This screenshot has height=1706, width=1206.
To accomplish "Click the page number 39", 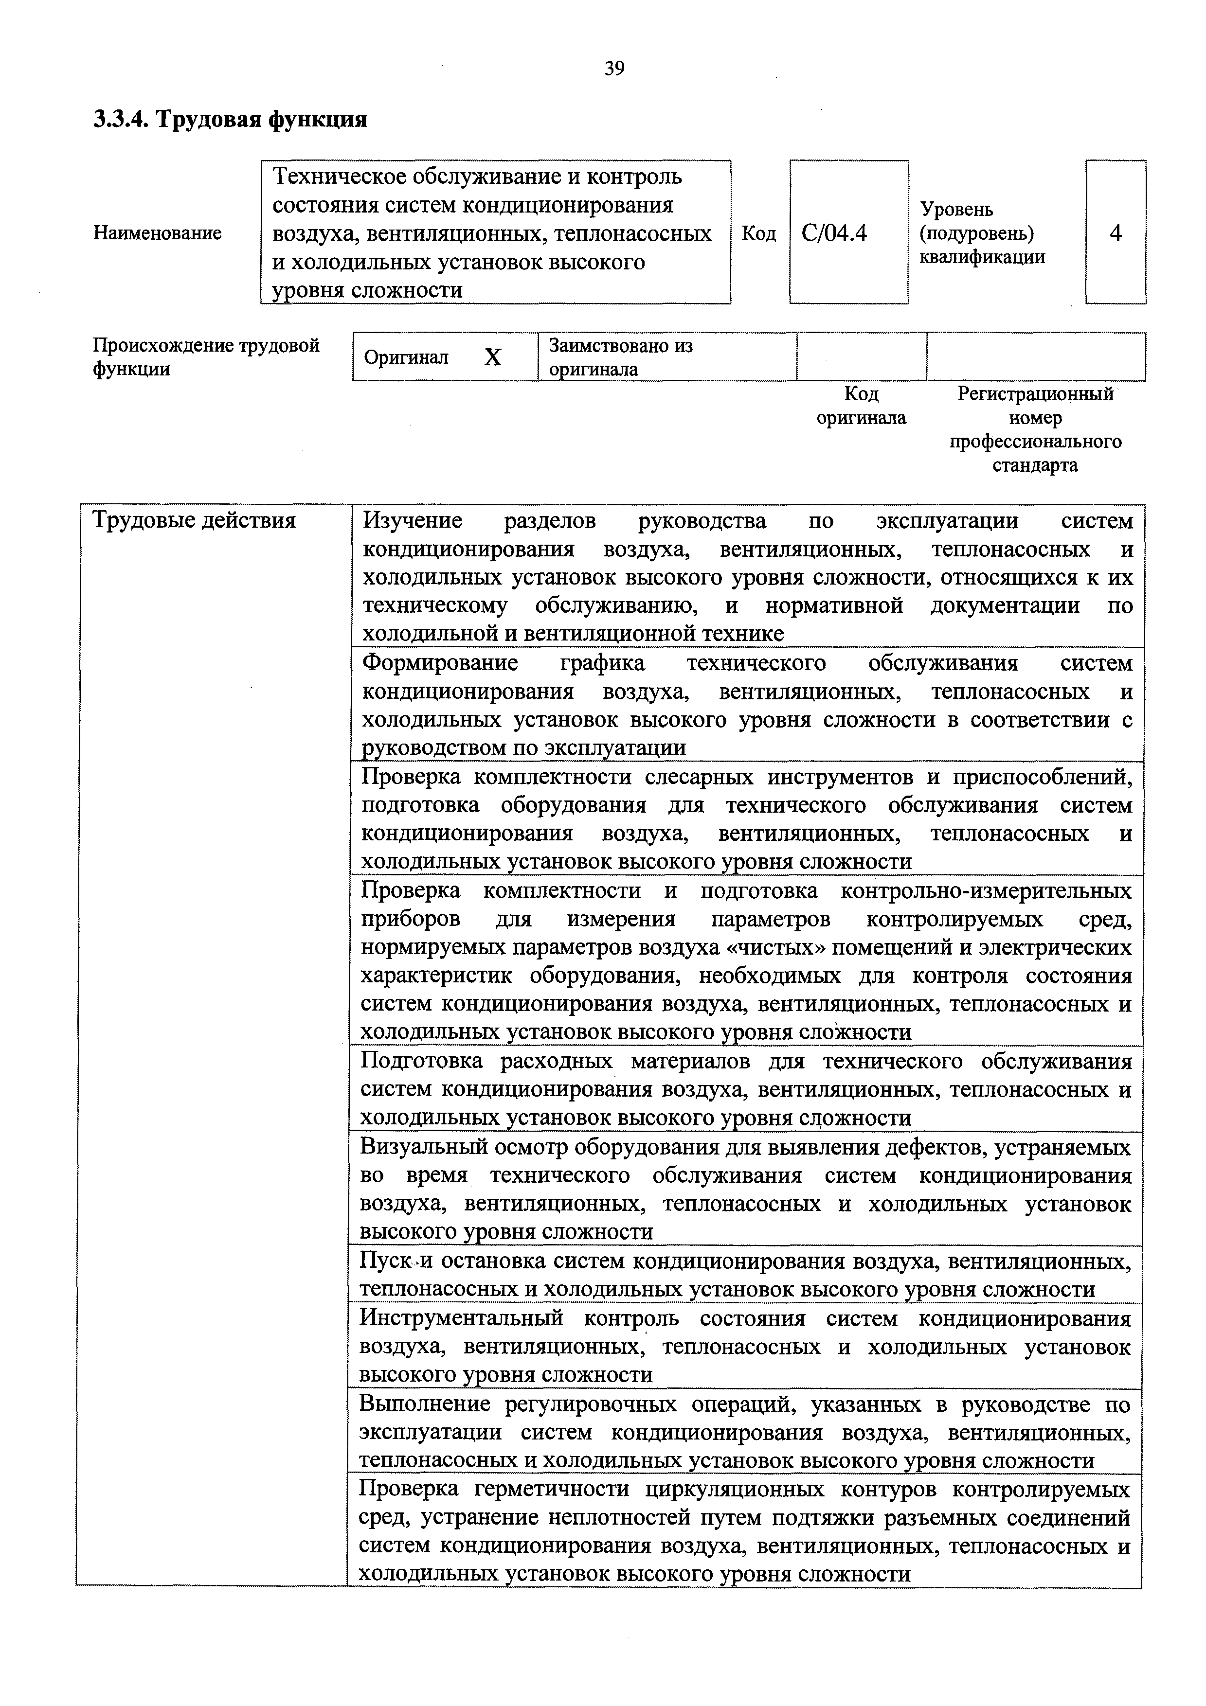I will pos(614,69).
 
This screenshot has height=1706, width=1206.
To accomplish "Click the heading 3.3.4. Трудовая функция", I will pos(230,119).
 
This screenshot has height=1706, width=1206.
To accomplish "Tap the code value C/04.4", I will pos(834,233).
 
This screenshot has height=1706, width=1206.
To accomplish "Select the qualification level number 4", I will pos(1116,233).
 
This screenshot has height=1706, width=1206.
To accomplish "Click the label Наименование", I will pos(158,233).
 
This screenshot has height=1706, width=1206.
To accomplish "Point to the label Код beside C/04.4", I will pos(758,233).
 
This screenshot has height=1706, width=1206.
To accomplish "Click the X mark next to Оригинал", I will pos(493,358).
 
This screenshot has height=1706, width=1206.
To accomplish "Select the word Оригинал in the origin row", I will pos(406,357).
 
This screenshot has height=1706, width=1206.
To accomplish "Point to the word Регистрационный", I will pos(1035,394).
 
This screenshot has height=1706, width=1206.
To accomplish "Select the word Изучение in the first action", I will pos(413,521).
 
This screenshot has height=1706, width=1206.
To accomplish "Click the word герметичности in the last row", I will pos(559,1489).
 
